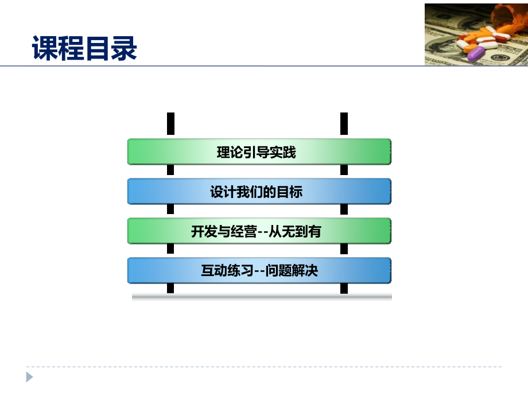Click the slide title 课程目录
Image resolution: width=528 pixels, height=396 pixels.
click(84, 48)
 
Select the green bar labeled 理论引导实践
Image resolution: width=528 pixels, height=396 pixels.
click(259, 152)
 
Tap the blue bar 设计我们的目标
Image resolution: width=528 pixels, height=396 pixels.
click(259, 192)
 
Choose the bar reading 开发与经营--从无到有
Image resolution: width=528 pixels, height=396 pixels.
click(259, 231)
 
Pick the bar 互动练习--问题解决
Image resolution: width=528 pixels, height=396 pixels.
click(259, 270)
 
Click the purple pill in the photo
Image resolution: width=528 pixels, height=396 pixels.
click(476, 54)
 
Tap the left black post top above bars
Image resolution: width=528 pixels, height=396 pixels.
click(170, 123)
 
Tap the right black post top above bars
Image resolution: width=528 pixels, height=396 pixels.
click(344, 123)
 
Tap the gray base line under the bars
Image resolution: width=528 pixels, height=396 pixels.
click(262, 297)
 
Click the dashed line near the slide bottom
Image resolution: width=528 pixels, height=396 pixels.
click(264, 367)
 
